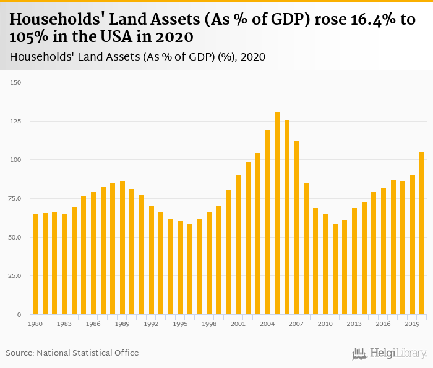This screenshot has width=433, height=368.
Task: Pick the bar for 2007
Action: click(296, 228)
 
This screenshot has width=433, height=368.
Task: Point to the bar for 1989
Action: click(122, 248)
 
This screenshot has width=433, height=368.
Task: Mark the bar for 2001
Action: click(238, 247)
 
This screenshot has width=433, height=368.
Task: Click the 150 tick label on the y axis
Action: click(16, 82)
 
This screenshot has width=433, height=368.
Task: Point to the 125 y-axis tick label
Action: click(16, 121)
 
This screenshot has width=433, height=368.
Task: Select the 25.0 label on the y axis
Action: click(15, 276)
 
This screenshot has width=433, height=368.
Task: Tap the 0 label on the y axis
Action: click(19, 315)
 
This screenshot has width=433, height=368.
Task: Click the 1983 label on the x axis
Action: click(64, 324)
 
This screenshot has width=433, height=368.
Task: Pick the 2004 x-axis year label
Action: click(267, 324)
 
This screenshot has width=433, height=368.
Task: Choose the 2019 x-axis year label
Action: click(412, 324)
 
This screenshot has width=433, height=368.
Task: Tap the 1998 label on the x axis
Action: click(209, 324)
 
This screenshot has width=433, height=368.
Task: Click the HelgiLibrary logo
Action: click(389, 354)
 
